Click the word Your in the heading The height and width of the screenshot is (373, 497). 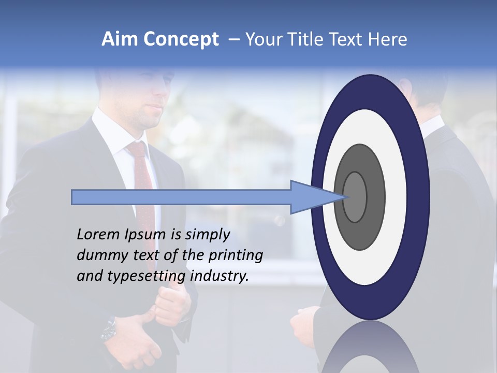click(x=262, y=39)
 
